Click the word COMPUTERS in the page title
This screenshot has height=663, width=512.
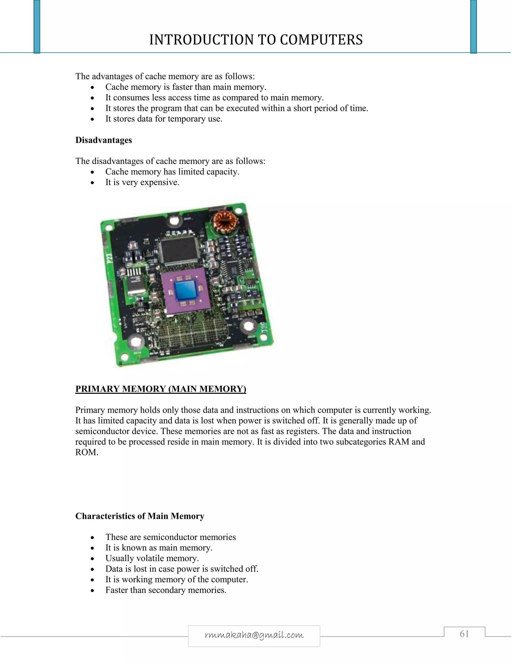pyautogui.click(x=321, y=40)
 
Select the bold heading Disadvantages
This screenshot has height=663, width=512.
pyautogui.click(x=103, y=140)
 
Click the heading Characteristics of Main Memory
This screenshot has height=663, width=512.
pyautogui.click(x=139, y=516)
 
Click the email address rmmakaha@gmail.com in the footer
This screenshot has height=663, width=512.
pyautogui.click(x=254, y=635)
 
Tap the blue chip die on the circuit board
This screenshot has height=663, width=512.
pyautogui.click(x=186, y=290)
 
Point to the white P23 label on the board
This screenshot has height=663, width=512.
pyautogui.click(x=110, y=258)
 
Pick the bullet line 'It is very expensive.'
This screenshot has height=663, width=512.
pyautogui.click(x=142, y=182)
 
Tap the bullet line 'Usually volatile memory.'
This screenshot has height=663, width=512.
pyautogui.click(x=152, y=558)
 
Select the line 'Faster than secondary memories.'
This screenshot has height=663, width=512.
pyautogui.click(x=166, y=590)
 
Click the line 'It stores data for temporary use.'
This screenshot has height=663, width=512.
pyautogui.click(x=164, y=119)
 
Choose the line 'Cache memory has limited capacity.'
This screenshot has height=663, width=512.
pyautogui.click(x=172, y=172)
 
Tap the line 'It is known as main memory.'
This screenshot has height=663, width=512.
pyautogui.click(x=159, y=548)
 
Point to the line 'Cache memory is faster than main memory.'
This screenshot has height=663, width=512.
pyautogui.click(x=186, y=87)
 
